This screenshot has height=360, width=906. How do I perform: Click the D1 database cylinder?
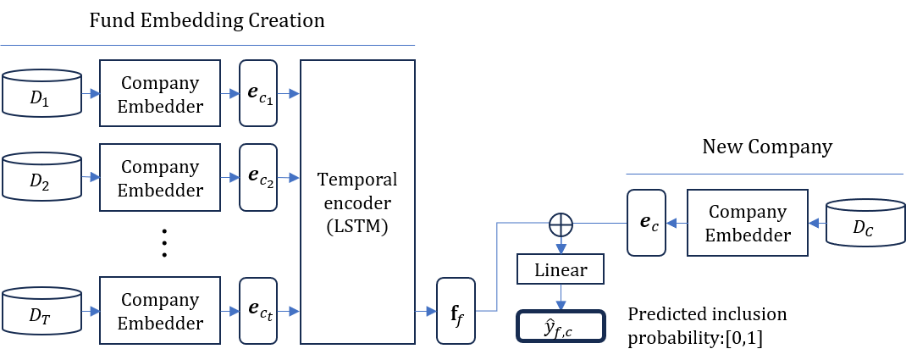coord(41,94)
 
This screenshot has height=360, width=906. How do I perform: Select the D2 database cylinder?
coord(41,178)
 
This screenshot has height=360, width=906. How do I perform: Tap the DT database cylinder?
coord(41,311)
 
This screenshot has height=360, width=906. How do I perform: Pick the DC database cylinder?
coord(864,224)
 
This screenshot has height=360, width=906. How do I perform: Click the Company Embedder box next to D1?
coord(160,94)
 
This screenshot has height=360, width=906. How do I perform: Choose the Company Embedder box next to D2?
coord(160,178)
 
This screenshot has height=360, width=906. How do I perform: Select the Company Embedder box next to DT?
coord(160,311)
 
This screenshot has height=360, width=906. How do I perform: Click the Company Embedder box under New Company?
coord(747,224)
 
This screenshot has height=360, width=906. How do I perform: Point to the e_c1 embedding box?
coord(258,94)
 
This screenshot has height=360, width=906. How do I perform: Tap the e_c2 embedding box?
coord(258,178)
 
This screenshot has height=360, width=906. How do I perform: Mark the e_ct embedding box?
coord(258,311)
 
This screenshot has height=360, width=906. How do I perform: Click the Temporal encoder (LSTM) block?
coord(357,202)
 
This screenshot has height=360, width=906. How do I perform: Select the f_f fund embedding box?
coord(456,311)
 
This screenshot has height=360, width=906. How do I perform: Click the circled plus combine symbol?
coord(561,224)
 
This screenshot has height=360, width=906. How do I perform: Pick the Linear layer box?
coord(560,270)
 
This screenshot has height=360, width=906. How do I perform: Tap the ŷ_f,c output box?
coord(560,325)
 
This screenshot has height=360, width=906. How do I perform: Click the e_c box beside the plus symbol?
coord(646,224)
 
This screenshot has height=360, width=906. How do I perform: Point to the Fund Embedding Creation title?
coord(207,20)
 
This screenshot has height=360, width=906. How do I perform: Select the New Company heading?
coord(767,147)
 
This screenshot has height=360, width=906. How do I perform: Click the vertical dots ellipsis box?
coord(173,235)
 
